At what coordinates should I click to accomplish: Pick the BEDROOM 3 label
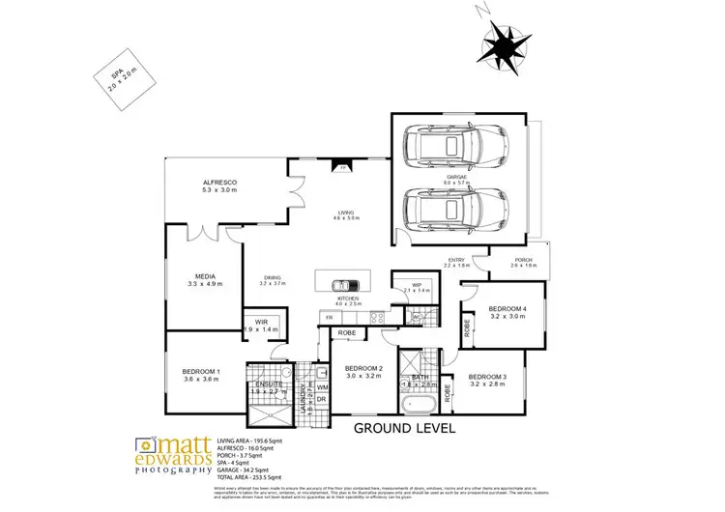[x=487, y=380]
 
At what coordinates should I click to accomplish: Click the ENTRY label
[x=456, y=261]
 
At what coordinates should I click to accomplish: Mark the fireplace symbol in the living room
[x=342, y=168]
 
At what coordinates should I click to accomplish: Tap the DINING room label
[x=274, y=279]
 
